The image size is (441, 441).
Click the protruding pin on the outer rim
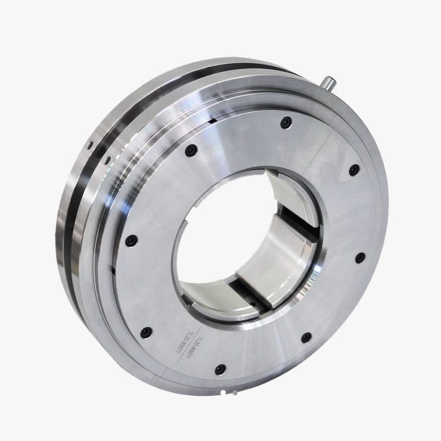click(x=329, y=82)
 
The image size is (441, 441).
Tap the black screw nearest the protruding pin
click(x=285, y=123)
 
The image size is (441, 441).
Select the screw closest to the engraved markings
click(x=220, y=369)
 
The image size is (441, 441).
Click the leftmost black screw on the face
click(x=131, y=240)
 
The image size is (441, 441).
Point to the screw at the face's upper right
click(x=354, y=170)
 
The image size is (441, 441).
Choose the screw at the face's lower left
click(x=146, y=332)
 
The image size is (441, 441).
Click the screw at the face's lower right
click(x=305, y=337)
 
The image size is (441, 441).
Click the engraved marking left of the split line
click(x=186, y=345)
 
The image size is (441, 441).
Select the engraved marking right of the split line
click(x=201, y=341)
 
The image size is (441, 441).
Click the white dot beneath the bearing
click(x=222, y=392)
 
